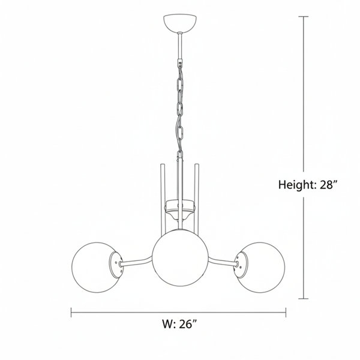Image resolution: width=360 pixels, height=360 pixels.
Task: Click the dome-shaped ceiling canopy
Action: (180, 23)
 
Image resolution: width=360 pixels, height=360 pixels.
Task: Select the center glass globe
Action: (180, 257)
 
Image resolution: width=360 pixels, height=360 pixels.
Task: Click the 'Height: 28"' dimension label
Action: (308, 185)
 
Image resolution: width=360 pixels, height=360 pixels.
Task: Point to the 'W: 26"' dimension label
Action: (180, 324)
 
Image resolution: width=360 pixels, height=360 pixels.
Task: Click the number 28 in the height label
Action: (326, 185)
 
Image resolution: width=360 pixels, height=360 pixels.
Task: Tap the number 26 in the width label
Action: (185, 324)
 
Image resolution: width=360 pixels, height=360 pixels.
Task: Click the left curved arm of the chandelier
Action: (136, 262)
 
